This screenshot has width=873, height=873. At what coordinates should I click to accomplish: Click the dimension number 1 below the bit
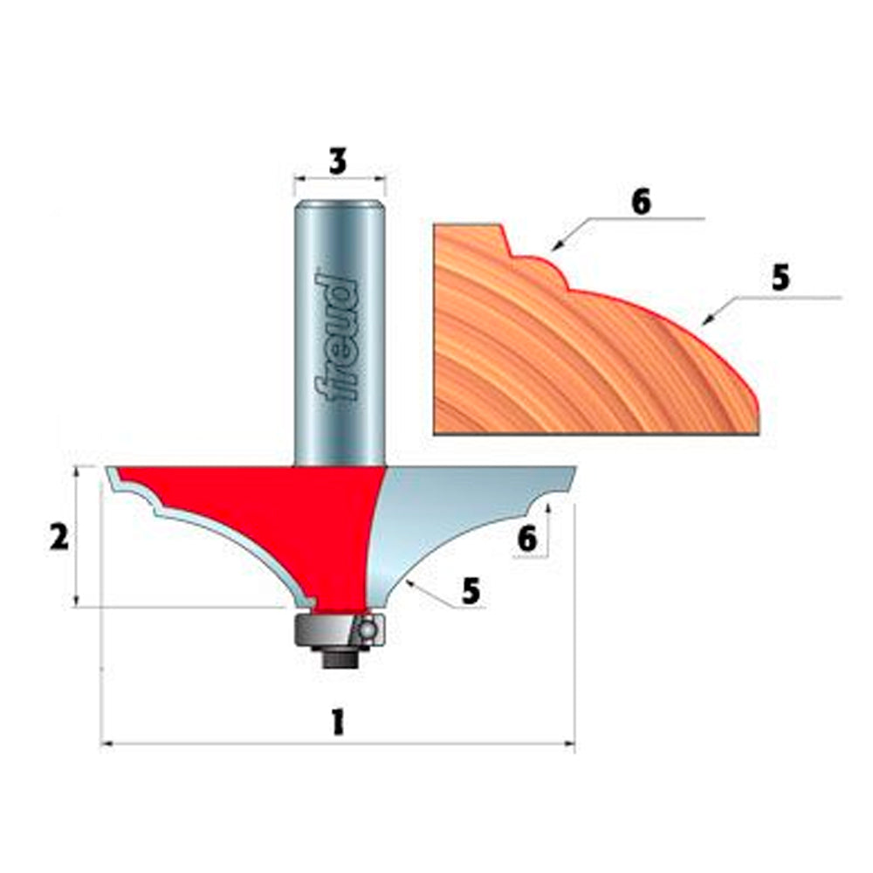pos(338,722)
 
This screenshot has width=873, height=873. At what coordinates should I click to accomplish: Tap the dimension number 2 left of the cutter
pos(58,538)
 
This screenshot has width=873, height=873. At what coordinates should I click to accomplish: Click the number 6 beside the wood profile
pos(641,201)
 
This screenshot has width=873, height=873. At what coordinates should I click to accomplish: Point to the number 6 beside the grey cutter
pos(526,540)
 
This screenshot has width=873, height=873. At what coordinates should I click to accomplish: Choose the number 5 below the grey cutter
pos(471,591)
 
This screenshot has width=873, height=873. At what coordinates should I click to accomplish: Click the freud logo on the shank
pos(338,336)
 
